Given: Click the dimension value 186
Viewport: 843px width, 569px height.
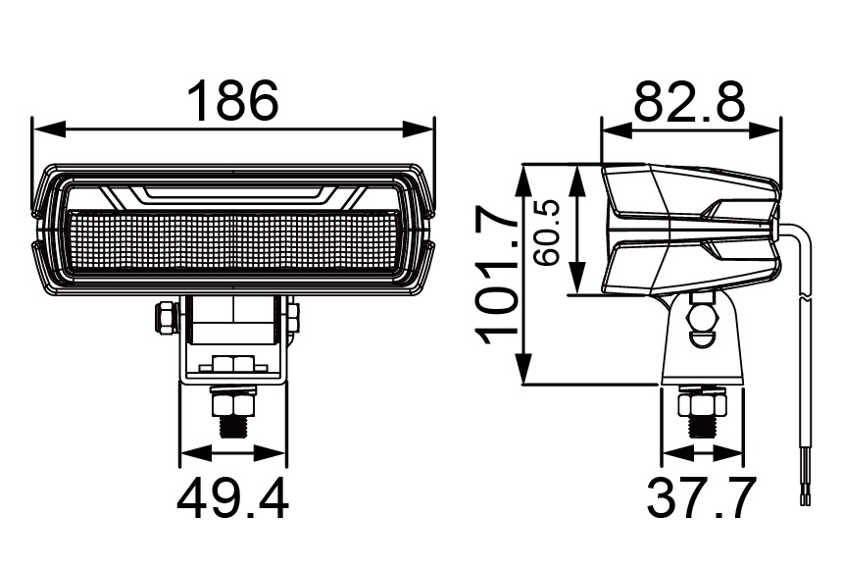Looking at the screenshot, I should [x=233, y=100].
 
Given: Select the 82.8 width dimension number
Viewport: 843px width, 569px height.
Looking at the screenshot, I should [x=689, y=101].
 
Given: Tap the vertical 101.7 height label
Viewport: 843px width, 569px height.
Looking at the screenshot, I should [x=497, y=275].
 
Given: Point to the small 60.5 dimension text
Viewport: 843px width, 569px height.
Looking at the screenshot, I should [x=546, y=233].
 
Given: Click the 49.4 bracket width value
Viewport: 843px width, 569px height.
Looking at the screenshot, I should [x=233, y=499].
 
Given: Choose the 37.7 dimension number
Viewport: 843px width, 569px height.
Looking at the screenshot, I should [x=701, y=499].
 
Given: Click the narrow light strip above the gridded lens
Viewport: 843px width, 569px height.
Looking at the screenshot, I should [x=233, y=193].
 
